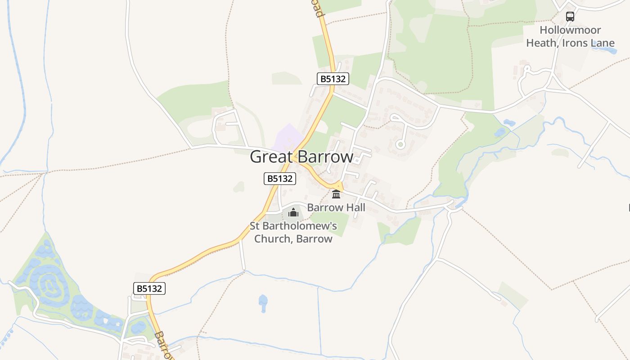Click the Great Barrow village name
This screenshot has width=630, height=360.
pos(301,157)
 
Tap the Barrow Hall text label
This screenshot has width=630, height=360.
pos(336,207)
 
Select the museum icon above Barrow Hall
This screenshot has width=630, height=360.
pos(336,194)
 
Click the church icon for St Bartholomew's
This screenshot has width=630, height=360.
pos(293,212)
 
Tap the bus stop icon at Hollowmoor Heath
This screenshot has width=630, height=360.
pos(570,17)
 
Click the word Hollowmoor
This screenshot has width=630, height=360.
pos(570,30)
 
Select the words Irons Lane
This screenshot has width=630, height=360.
pos(592,43)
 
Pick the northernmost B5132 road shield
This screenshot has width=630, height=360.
pos(333,79)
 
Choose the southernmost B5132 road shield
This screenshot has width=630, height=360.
pos(149,288)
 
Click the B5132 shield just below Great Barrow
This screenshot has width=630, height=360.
pos(280,179)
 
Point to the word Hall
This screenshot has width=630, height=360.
pos(354,207)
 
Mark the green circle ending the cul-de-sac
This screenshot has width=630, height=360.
pos(400,144)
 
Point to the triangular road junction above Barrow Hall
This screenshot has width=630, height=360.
pos(339,186)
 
